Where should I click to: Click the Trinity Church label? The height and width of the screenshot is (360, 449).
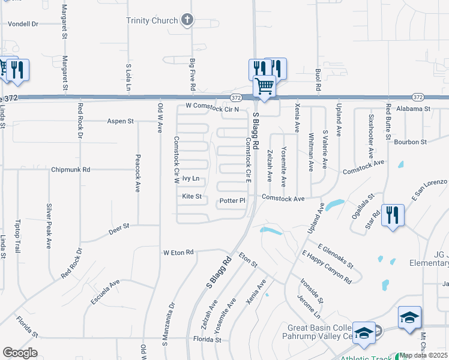pos(152,20)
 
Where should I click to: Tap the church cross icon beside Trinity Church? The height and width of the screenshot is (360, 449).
pos(187,20)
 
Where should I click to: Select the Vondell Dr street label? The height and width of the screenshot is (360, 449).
pos(22,24)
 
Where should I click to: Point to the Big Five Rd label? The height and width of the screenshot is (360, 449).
pos(193,75)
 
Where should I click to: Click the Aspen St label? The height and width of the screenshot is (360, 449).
pos(120,121)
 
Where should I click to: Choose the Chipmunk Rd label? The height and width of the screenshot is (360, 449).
pos(70,170)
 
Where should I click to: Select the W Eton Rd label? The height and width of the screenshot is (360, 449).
pos(179,253)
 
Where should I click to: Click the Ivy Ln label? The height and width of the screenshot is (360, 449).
pos(190,179)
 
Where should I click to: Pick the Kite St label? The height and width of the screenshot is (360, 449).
pos(191,196)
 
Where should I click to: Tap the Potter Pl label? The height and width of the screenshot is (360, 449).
pos(233,200)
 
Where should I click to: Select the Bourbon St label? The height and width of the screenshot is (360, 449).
pos(411,142)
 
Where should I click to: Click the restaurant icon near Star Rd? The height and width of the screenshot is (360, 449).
pos(393,215)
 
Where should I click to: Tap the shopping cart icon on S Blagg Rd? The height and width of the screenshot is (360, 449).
pos(264,86)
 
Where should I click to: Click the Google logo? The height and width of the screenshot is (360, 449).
pos(20,352)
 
